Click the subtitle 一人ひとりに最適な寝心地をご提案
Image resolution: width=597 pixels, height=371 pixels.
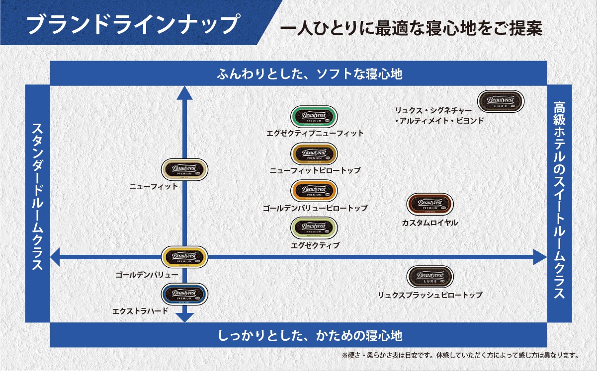[411, 27]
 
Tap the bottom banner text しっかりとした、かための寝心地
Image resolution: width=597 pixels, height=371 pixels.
[310, 335]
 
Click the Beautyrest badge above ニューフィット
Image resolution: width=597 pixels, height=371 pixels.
[185, 170]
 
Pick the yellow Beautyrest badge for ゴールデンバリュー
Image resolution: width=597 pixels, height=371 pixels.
[185, 257]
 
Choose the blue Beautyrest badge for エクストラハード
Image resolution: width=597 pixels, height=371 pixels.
[185, 294]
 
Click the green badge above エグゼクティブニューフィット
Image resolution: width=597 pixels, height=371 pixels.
[314, 117]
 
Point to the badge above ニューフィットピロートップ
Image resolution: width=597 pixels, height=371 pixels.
[314, 154]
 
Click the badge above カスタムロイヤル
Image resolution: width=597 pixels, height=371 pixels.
[430, 204]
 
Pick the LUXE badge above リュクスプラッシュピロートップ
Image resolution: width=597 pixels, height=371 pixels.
[430, 277]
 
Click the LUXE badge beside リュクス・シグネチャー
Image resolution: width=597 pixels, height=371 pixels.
[501, 101]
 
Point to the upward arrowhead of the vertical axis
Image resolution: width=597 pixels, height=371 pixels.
[185, 93]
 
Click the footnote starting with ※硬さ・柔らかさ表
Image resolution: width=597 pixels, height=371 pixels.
[460, 356]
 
